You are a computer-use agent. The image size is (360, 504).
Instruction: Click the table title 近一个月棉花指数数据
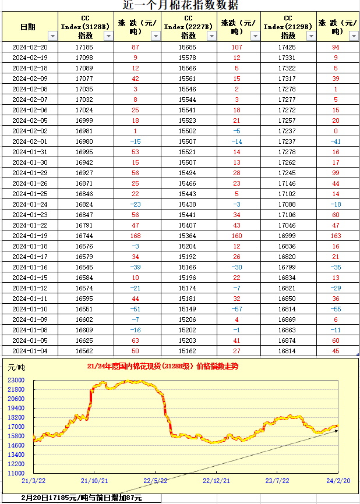click(x=181, y=5)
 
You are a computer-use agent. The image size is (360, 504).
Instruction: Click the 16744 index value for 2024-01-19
click(x=84, y=236)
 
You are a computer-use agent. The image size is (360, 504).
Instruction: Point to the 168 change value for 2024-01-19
click(x=136, y=236)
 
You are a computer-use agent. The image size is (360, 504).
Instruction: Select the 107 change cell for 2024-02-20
click(x=237, y=47)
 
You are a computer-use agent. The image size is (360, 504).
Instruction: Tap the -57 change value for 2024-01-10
click(x=237, y=309)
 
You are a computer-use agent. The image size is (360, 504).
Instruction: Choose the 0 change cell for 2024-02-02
click(x=336, y=131)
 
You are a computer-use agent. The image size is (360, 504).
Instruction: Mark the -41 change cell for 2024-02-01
click(x=336, y=141)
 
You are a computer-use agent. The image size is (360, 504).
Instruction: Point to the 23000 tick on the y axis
click(x=16, y=380)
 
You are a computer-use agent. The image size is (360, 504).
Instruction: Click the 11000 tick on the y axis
click(x=16, y=473)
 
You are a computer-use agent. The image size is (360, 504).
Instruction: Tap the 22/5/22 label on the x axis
click(x=156, y=481)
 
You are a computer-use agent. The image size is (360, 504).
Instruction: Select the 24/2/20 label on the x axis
click(x=337, y=481)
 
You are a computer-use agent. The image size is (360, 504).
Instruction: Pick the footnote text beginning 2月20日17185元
click(x=82, y=498)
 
